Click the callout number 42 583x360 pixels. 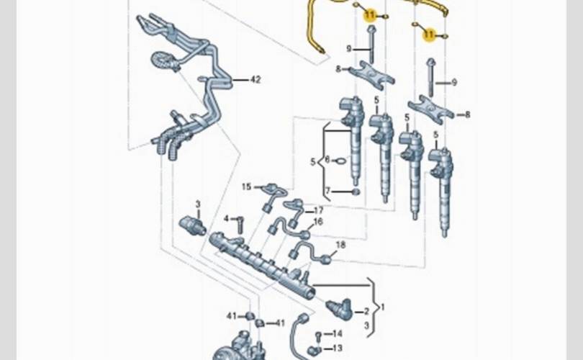coord(255,79)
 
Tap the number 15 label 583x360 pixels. coord(246,186)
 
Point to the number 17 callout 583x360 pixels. coord(318,210)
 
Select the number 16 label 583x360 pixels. coord(317,222)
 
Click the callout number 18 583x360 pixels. coord(340,245)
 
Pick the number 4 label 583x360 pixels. coord(226,218)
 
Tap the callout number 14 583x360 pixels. coord(338,333)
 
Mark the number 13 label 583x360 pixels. coord(338,348)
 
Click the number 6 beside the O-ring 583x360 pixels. coord(327,160)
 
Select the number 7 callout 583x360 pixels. coord(327,191)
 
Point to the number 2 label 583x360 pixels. coord(366,311)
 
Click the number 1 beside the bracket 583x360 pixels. coord(382,307)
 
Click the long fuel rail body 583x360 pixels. coord(263,262)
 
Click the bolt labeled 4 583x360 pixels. coord(240,224)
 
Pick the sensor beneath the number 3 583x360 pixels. coord(192,225)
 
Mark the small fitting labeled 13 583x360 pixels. coord(315,351)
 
